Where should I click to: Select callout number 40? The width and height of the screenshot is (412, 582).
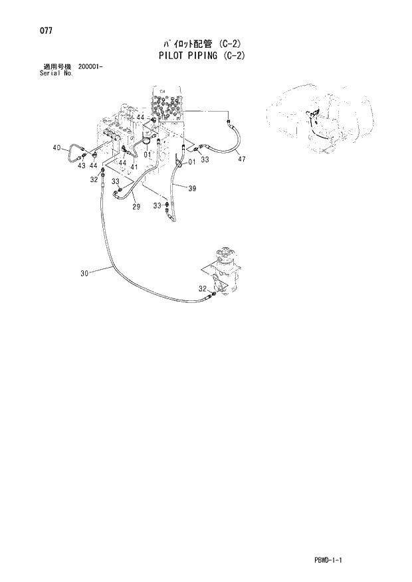[x=56, y=147]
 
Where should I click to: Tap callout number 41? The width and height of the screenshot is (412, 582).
[x=134, y=167]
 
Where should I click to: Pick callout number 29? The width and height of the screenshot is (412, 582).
[x=136, y=208]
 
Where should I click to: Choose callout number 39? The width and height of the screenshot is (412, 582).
[x=192, y=189]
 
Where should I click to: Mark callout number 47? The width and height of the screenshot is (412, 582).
[x=241, y=159]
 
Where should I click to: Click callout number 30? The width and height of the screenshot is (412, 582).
[x=84, y=271]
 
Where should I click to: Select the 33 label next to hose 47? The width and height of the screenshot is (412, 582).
[x=205, y=159]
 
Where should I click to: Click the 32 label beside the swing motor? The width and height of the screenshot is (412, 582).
[x=202, y=288]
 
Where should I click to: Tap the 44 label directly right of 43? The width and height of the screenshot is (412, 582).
[x=94, y=165]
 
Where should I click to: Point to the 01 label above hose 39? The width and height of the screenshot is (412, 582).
[x=191, y=161]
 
